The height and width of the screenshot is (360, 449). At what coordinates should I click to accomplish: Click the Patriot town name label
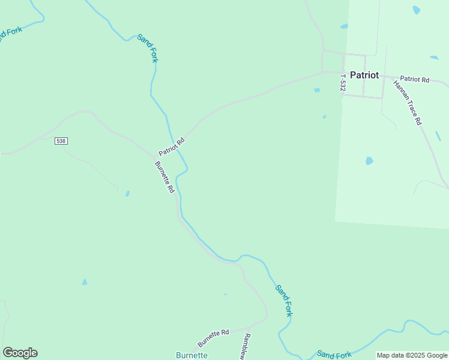point(364,75)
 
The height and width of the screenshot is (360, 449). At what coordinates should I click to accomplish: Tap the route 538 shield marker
point(61,140)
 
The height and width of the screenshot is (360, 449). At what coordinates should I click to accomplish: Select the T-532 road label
point(343,83)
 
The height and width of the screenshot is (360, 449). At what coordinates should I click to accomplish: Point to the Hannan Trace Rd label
point(408,102)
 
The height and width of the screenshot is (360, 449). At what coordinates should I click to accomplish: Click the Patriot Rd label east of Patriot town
point(415,79)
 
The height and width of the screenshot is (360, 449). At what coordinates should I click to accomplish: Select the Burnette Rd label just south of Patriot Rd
point(164,177)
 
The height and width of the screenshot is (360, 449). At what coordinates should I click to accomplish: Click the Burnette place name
point(191,355)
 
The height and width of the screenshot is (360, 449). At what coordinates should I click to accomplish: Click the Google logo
point(20,353)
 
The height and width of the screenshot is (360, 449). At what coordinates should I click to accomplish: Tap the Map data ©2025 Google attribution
point(412,355)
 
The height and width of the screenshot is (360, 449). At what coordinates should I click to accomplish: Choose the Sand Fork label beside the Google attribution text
point(334,355)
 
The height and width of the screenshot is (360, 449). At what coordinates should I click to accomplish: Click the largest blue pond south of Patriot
point(369,161)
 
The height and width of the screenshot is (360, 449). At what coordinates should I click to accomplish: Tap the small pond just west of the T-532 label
point(317,91)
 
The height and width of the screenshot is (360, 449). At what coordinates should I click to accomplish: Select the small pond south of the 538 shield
point(127,193)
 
